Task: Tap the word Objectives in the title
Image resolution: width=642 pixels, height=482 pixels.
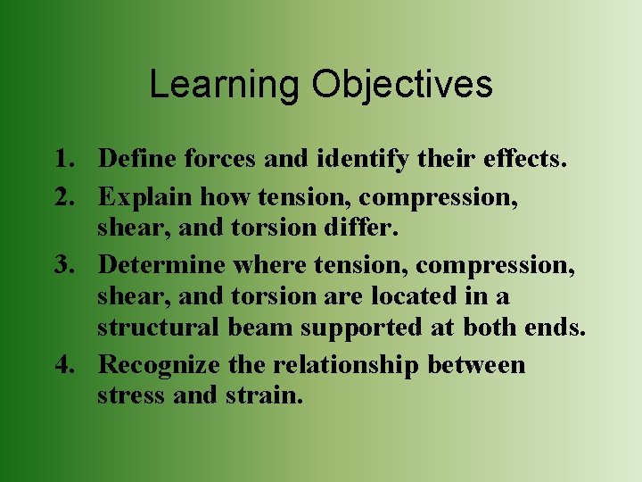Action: click(401, 85)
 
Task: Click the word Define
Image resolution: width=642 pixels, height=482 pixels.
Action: click(137, 160)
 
